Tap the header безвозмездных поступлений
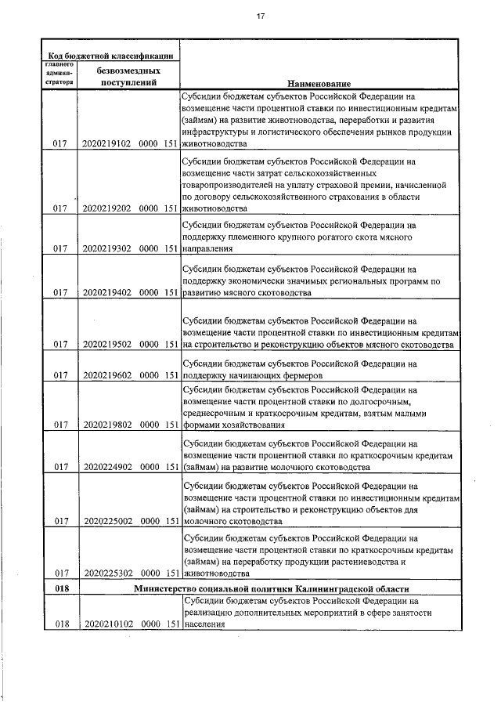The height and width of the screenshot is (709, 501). point(127,75)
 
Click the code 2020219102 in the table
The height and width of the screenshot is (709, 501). point(106,144)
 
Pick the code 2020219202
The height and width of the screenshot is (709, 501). point(106,209)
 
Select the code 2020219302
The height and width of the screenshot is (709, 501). point(106,250)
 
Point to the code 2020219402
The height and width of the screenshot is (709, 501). point(106,293)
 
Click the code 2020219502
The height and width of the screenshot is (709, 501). point(106,345)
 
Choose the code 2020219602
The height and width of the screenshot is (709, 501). point(106,375)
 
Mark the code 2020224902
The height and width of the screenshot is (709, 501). point(106,468)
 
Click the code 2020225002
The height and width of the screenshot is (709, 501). point(106,520)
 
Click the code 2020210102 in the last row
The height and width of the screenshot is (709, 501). point(106,624)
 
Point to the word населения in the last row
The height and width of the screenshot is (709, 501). point(204,625)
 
